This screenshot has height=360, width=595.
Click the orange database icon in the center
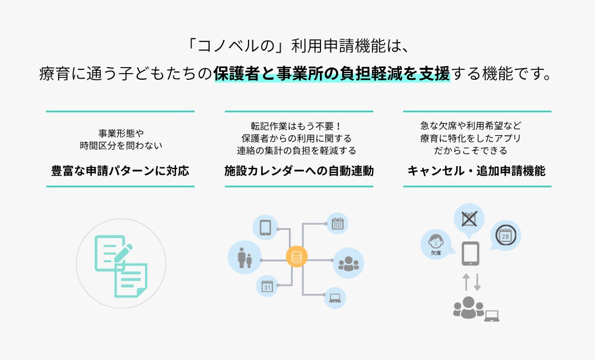point(297,257)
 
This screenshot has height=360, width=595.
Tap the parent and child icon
point(245,258)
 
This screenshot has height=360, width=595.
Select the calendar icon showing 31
point(267,286)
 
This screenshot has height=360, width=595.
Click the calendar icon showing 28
point(505,235)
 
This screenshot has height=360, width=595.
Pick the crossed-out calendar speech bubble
point(469,218)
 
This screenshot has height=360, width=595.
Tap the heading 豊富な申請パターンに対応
point(120,171)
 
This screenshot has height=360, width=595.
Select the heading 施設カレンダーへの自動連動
point(299,171)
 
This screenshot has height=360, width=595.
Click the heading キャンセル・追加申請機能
point(477,171)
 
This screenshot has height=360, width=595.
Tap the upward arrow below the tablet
point(465,281)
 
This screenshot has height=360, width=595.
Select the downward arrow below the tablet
point(477,281)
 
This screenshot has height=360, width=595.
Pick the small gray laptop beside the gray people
point(491,316)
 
